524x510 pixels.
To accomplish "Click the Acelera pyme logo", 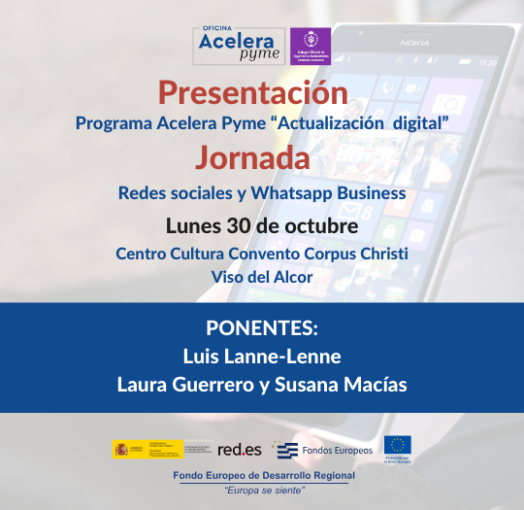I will (239, 46).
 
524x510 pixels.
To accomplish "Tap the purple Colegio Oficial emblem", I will (311, 46).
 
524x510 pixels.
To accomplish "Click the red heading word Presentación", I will (252, 93).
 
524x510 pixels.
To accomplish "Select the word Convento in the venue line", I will (264, 254).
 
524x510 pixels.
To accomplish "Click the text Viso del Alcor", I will (262, 277).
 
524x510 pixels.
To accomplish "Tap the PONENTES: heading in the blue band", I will (262, 327).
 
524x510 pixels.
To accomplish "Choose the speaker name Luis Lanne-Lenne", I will (262, 356).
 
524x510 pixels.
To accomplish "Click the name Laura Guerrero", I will (180, 384).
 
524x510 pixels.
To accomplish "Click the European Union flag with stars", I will (397, 445).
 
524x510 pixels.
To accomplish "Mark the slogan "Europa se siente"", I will (264, 490).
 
